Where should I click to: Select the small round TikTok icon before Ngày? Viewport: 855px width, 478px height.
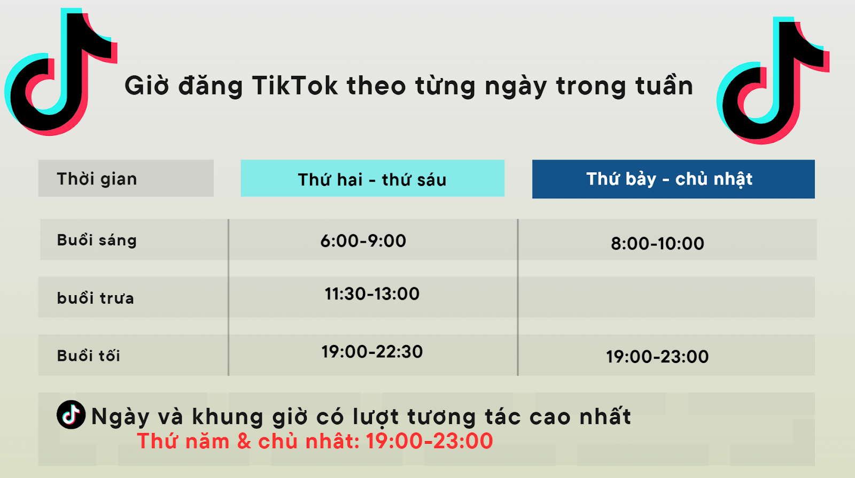pyautogui.click(x=71, y=414)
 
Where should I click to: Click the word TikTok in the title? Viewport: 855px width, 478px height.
pyautogui.click(x=294, y=86)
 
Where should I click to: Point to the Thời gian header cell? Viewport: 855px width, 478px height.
pyautogui.click(x=97, y=179)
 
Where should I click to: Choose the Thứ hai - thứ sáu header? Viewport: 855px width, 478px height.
pyautogui.click(x=372, y=179)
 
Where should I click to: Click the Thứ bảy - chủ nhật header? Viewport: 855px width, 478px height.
pyautogui.click(x=669, y=179)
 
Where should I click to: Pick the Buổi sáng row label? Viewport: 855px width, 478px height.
pyautogui.click(x=97, y=240)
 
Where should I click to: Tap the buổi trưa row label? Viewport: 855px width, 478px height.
pyautogui.click(x=95, y=298)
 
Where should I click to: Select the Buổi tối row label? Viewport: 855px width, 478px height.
pyautogui.click(x=88, y=356)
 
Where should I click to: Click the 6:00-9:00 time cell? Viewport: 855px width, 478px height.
pyautogui.click(x=363, y=241)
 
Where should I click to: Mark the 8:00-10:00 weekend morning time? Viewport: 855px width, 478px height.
pyautogui.click(x=657, y=243)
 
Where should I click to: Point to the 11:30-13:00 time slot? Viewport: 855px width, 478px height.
pyautogui.click(x=372, y=294)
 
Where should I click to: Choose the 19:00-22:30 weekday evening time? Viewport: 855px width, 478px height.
pyautogui.click(x=372, y=351)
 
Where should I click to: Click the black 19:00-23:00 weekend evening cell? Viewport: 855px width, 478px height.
pyautogui.click(x=657, y=356)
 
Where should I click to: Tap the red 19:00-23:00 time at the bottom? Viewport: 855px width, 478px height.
pyautogui.click(x=429, y=441)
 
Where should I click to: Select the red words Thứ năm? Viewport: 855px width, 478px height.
pyautogui.click(x=183, y=441)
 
